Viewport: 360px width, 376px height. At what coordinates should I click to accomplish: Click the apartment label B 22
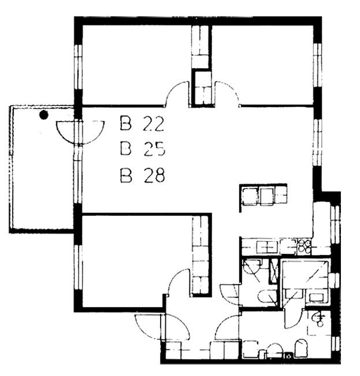coord(142,124)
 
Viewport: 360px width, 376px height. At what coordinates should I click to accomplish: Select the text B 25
coord(143,149)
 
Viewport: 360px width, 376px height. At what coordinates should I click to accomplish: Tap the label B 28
coord(142,175)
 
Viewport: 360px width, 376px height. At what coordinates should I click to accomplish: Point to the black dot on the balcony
coord(43,115)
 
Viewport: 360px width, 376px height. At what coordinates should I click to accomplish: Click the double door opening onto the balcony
coord(80,132)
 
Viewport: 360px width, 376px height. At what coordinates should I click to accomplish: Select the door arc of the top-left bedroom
coord(176,89)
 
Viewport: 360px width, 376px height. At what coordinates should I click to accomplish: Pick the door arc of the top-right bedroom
coord(229,90)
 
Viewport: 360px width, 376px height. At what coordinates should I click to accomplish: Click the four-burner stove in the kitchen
coord(304,246)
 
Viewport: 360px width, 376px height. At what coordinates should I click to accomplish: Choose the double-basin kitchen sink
coord(266,247)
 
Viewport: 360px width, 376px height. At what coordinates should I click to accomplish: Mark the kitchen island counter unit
coord(264,196)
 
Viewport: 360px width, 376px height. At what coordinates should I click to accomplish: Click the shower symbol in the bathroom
coord(318,319)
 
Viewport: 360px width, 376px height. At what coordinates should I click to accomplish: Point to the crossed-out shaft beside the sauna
coord(273,271)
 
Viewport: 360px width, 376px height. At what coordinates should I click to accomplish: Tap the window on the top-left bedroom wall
coord(78,67)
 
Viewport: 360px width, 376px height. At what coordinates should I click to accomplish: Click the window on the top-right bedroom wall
coord(318,65)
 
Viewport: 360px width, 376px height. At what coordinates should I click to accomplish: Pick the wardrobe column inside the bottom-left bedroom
coord(201,255)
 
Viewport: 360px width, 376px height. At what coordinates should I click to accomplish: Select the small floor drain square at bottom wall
coord(289,355)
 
